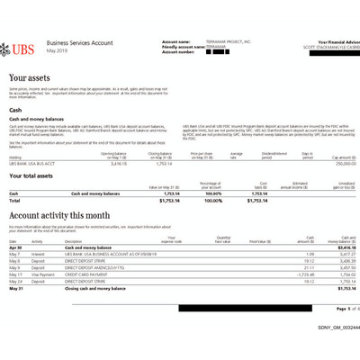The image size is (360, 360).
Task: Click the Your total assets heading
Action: click(35, 177)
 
